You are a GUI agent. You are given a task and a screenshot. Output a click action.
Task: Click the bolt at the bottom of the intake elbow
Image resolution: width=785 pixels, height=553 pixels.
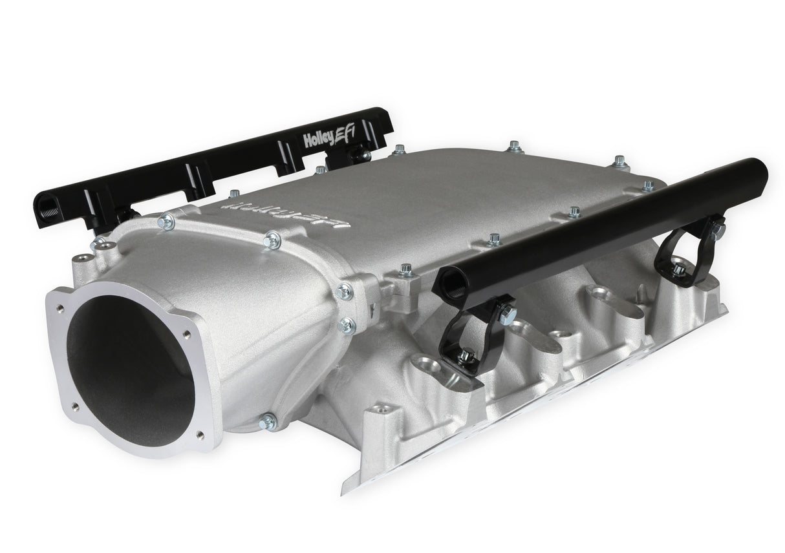click(x=267, y=422)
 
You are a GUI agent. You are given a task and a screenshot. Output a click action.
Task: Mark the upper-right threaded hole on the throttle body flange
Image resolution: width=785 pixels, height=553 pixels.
click(x=187, y=335)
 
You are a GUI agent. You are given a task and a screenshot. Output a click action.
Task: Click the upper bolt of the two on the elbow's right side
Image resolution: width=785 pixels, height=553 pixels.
click(x=345, y=291)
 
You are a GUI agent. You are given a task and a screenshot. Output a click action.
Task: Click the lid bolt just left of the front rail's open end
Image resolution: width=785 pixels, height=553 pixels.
click(x=406, y=269)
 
